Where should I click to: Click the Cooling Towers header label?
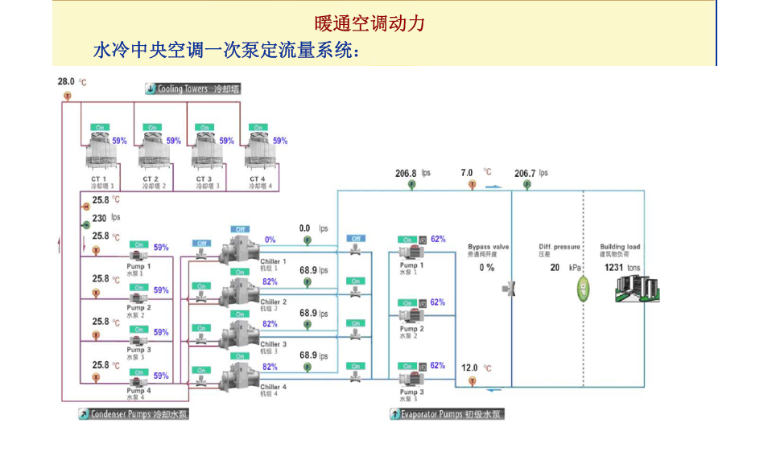click(192, 89)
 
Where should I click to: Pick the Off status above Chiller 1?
click(240, 229)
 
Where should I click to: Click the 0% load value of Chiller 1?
click(270, 240)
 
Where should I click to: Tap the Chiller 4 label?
click(273, 388)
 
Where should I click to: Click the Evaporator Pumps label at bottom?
click(446, 415)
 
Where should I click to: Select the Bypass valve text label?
click(488, 247)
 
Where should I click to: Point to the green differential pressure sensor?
click(584, 290)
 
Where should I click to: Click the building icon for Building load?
click(636, 287)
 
